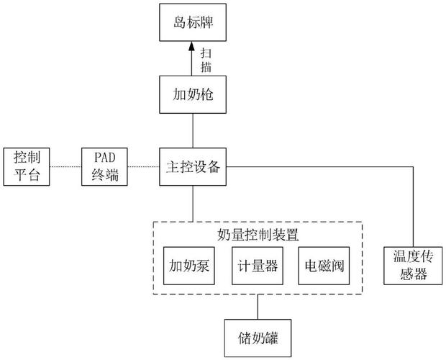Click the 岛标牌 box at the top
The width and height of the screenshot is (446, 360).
point(192,23)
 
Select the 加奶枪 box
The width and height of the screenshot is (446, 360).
point(192,94)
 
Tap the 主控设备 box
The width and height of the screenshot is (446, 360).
point(193,166)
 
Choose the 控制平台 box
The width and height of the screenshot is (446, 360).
point(27,166)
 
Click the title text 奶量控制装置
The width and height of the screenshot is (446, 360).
point(257,234)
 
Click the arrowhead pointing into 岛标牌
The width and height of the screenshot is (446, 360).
point(192,47)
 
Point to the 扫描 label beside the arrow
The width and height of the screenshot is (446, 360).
point(206,60)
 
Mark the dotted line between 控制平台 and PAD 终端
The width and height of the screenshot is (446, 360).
point(65,166)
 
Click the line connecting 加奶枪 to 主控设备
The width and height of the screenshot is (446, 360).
point(192,130)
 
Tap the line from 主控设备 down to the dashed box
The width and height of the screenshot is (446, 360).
point(192,203)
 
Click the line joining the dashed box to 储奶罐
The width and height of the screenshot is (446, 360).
point(256,305)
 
